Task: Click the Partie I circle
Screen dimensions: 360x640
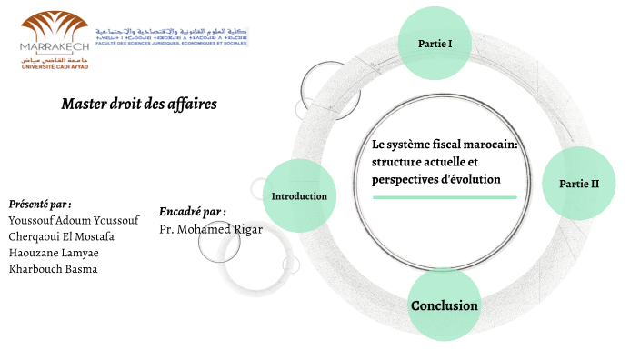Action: (x=435, y=44)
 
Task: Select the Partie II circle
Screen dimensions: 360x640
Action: (x=579, y=183)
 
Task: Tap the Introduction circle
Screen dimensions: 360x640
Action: (x=299, y=196)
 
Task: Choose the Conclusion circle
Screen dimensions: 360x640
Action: (x=444, y=305)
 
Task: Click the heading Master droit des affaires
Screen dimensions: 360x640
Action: (x=139, y=104)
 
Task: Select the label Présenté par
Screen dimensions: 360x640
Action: (x=39, y=204)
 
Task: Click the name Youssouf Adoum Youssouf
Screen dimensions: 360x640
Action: (x=74, y=220)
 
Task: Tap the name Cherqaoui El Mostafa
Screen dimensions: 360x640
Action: (x=61, y=236)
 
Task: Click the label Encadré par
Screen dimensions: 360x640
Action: (x=192, y=212)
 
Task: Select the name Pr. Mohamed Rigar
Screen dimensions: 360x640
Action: (x=210, y=229)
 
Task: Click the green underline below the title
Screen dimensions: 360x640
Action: (x=445, y=197)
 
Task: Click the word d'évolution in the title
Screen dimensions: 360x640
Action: (x=474, y=179)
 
